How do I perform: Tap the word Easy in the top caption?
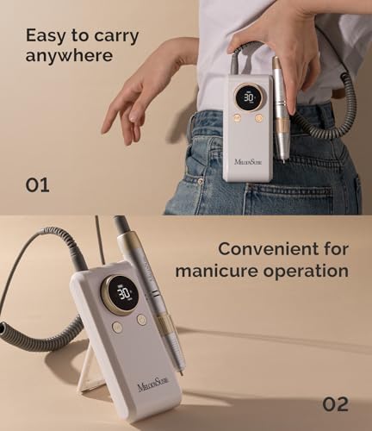click(x=46, y=36)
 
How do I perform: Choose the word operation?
click(x=306, y=271)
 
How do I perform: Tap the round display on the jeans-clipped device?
click(x=248, y=97)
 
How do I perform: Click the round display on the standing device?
click(x=127, y=293)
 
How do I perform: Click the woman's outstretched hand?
click(x=129, y=95)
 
